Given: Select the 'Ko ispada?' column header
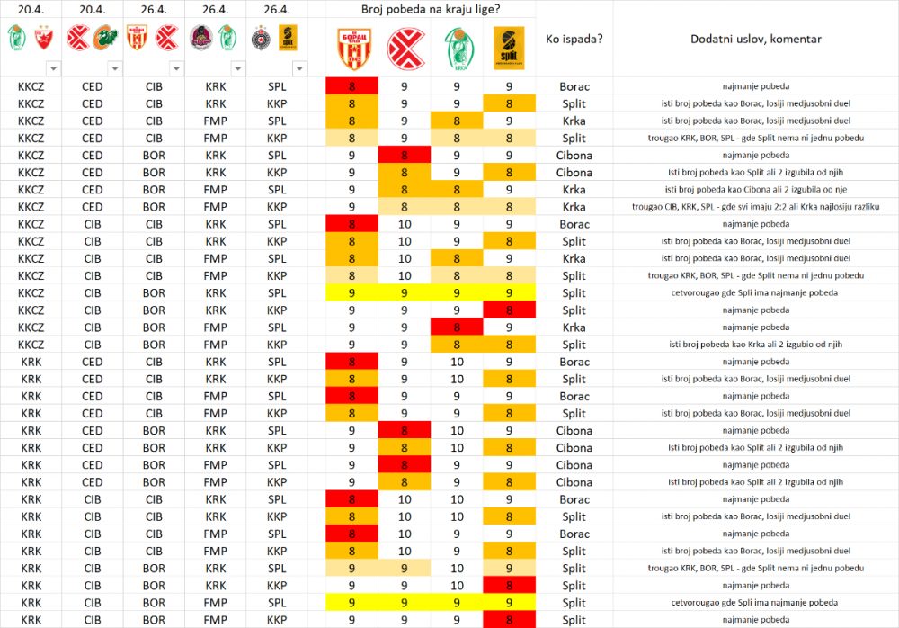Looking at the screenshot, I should (574, 40).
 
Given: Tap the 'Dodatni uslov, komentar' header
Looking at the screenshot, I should (755, 40).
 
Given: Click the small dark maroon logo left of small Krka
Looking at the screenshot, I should (200, 37).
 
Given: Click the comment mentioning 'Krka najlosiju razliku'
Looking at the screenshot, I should (755, 207).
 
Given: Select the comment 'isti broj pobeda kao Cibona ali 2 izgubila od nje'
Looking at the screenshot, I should (755, 190).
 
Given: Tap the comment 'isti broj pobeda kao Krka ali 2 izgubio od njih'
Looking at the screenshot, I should (755, 345).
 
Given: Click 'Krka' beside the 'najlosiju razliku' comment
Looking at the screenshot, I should (574, 207).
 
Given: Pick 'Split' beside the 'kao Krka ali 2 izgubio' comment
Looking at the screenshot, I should (574, 345).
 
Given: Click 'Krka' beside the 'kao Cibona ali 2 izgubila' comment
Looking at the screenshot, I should (574, 190).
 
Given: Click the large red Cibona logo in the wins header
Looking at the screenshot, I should (403, 45).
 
